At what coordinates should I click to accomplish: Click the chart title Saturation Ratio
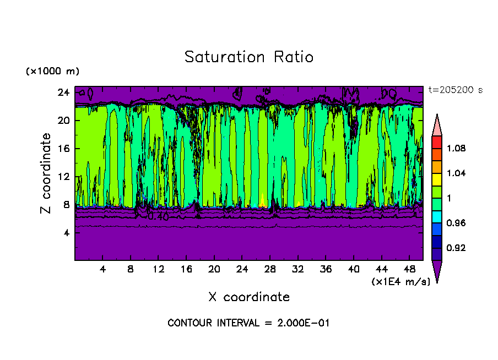pos(248,57)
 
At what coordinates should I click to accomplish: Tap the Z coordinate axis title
pos(46,173)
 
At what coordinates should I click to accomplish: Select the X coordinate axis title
pos(248,297)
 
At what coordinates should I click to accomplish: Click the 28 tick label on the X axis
pos(270,269)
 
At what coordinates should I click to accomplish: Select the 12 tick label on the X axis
pos(159,269)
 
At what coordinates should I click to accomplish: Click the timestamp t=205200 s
pos(455,90)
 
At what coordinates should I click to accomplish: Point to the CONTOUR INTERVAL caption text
pos(248,323)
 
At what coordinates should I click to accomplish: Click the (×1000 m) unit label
pos(52,71)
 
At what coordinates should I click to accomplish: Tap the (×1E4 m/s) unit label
pos(400,281)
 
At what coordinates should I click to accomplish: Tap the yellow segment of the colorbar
pos(437,179)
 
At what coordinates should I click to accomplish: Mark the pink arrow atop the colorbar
pos(437,124)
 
